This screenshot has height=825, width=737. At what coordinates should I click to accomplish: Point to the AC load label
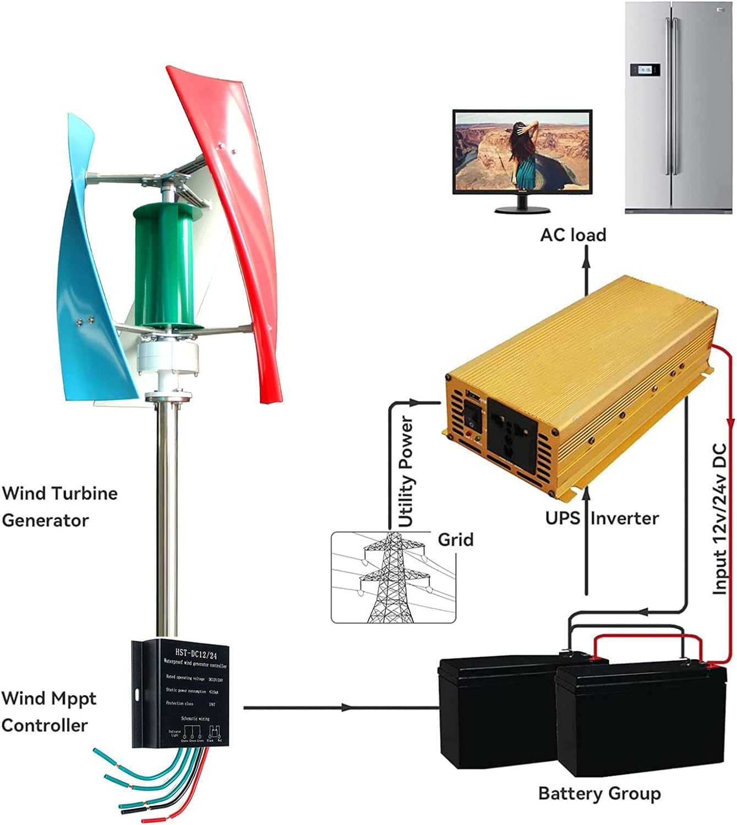[572, 235]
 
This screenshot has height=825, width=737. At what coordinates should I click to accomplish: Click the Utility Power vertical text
[406, 472]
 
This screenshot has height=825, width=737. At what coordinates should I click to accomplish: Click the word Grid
[455, 540]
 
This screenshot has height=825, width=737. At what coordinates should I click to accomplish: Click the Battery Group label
[599, 794]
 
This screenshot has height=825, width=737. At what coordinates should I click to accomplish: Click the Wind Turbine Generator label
[59, 506]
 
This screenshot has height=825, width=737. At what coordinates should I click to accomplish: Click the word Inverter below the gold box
[624, 518]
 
